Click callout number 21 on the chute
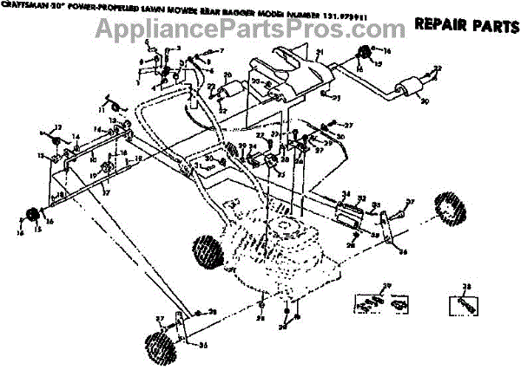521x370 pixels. pos(319,54)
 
